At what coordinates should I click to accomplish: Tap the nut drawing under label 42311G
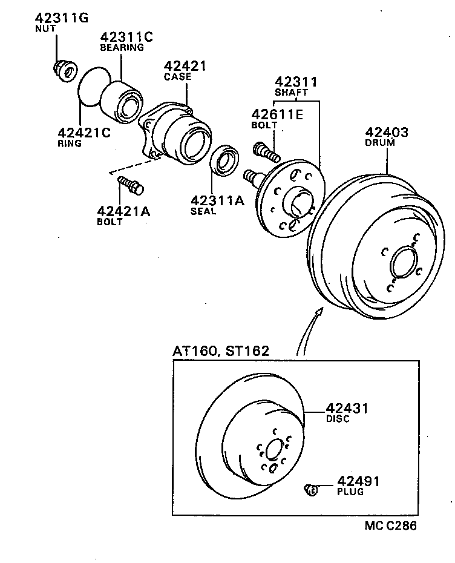tap(64, 70)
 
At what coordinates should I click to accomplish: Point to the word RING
tap(70, 143)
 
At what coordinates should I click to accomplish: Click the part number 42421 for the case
tap(185, 65)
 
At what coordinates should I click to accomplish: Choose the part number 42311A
tap(217, 200)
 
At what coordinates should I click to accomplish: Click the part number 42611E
tap(277, 114)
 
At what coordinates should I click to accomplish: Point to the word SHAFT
tap(292, 93)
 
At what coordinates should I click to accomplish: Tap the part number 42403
tap(387, 132)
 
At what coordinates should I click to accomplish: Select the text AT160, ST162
tap(220, 351)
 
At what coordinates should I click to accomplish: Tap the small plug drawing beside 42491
tap(311, 489)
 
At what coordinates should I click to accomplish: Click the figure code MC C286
tap(390, 525)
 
